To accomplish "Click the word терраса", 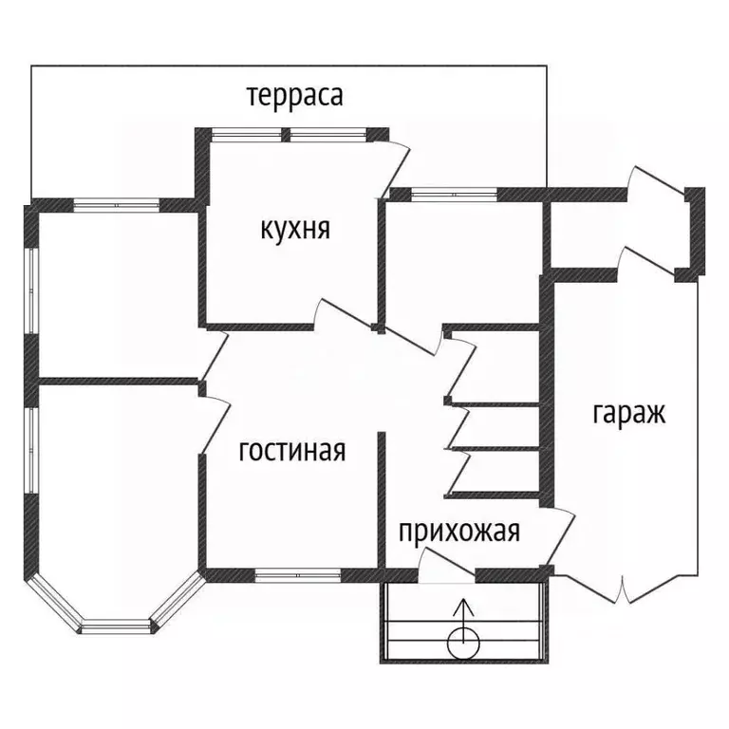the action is click(295, 96).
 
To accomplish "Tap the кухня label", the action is click(295, 229).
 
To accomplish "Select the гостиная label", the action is click(292, 450).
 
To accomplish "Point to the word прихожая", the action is click(459, 531).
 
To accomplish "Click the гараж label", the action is click(628, 413).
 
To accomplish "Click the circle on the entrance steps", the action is click(463, 644).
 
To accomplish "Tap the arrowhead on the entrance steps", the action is click(463, 607).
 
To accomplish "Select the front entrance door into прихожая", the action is click(446, 566).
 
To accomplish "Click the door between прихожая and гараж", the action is click(560, 537).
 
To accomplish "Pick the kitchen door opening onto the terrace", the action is click(395, 168).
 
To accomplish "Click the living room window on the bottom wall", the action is click(297, 575).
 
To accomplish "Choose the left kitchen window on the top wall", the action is click(247, 135).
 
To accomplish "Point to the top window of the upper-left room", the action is click(116, 205).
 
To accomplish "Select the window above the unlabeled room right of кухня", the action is click(454, 195).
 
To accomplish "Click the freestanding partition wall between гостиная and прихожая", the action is click(382, 500).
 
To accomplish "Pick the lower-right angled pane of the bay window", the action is click(178, 602).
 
